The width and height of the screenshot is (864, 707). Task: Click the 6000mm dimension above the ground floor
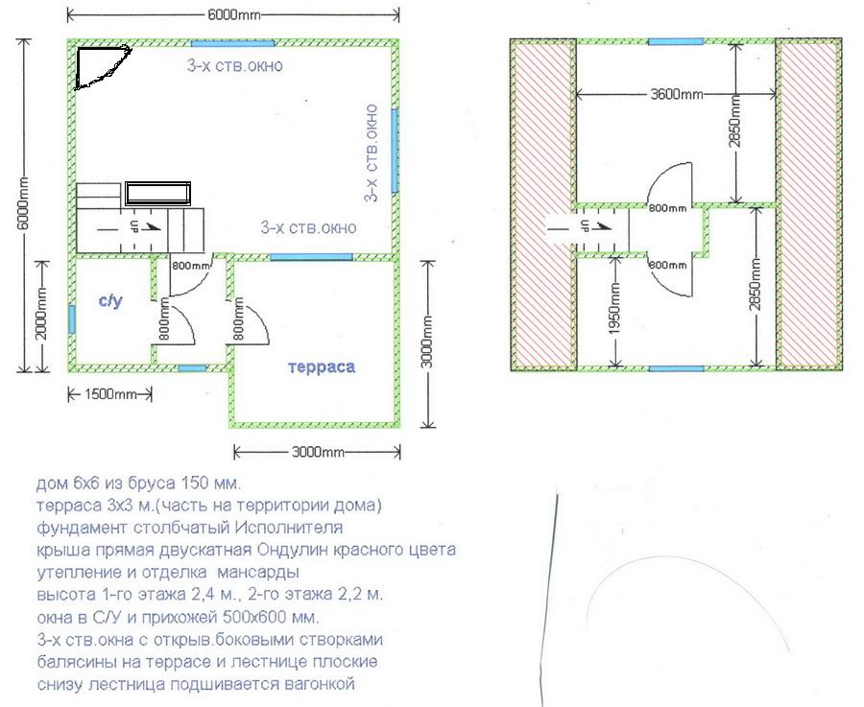(x=233, y=14)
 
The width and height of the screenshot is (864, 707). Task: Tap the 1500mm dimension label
(x=110, y=394)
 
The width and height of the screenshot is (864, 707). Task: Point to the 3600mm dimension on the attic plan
(x=677, y=94)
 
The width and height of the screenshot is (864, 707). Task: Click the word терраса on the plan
(x=322, y=367)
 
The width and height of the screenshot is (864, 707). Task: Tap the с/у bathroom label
(x=110, y=300)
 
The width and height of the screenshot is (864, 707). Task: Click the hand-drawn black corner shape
(x=102, y=67)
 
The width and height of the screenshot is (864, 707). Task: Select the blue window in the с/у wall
(x=72, y=318)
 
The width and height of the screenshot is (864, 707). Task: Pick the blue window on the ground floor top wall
(x=232, y=43)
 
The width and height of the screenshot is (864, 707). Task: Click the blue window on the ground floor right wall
(x=395, y=151)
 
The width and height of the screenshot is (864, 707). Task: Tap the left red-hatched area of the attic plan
(x=543, y=205)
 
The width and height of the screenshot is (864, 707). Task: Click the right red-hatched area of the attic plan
(x=809, y=205)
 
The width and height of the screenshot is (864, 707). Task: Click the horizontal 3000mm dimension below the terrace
(x=318, y=453)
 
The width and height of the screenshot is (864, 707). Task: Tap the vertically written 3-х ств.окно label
(x=372, y=153)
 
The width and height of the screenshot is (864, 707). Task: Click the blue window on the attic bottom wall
(x=676, y=368)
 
